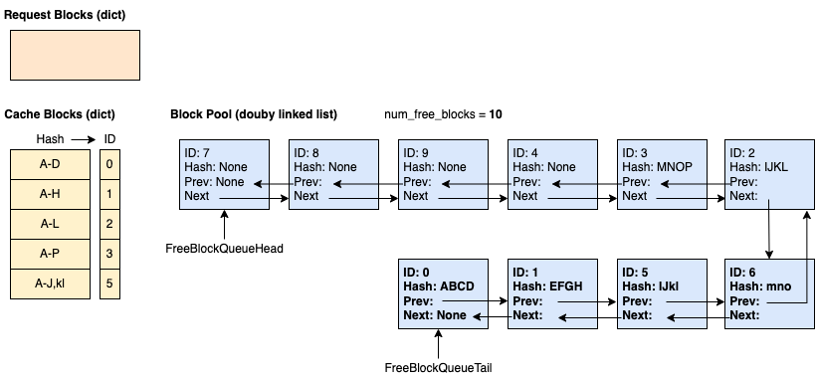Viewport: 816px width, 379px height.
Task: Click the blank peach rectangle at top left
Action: [x=75, y=55]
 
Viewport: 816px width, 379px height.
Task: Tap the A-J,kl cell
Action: [x=50, y=284]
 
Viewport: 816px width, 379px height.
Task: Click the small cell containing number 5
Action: [x=109, y=284]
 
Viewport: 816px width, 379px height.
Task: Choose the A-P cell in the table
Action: [x=50, y=254]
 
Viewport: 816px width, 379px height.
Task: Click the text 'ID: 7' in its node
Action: [x=197, y=153]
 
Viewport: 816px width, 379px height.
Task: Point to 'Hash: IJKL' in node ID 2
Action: [x=758, y=167]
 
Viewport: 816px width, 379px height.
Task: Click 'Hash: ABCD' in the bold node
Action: [x=439, y=286]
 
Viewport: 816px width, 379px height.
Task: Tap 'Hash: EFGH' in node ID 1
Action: [x=547, y=286]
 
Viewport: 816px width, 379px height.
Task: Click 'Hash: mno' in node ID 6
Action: [x=760, y=286]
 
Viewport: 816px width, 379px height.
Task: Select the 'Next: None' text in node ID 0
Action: [x=434, y=315]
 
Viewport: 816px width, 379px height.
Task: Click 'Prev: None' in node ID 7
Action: [x=214, y=182]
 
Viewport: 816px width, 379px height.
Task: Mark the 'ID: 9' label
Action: [x=416, y=153]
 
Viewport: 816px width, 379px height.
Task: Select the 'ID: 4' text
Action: [x=525, y=153]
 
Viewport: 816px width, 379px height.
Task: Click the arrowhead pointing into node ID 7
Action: [x=259, y=184]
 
